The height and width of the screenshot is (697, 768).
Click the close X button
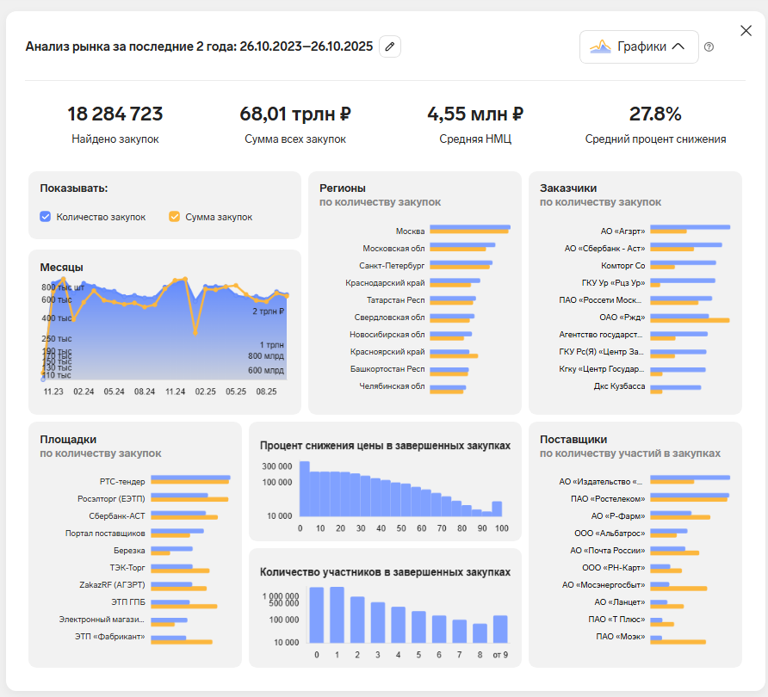tap(746, 31)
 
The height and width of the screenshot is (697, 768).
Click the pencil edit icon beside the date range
tap(390, 46)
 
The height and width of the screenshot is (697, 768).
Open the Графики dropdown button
tap(638, 46)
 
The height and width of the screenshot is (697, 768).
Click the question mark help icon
tap(709, 47)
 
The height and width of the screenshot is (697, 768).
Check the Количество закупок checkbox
tap(46, 217)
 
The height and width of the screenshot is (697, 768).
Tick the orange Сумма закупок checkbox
tap(175, 217)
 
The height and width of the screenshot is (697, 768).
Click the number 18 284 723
tap(115, 114)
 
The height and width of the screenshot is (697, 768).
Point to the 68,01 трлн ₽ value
tap(295, 114)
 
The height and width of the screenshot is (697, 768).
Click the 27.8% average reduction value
tap(655, 114)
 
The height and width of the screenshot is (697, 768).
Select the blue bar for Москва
tap(469, 227)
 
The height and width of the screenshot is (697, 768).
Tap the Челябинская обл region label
tap(392, 386)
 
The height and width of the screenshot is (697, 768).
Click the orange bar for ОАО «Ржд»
tap(690, 320)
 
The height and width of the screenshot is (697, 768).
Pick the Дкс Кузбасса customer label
tap(619, 386)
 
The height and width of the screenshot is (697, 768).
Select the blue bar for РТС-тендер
tap(190, 478)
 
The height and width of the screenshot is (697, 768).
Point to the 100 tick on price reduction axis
tap(501, 528)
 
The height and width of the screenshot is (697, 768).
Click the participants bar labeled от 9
tap(500, 629)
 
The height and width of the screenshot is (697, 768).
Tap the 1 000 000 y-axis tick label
tap(280, 596)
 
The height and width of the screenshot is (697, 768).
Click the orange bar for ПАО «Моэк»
tap(678, 641)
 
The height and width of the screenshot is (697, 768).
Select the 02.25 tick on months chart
tap(205, 391)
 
